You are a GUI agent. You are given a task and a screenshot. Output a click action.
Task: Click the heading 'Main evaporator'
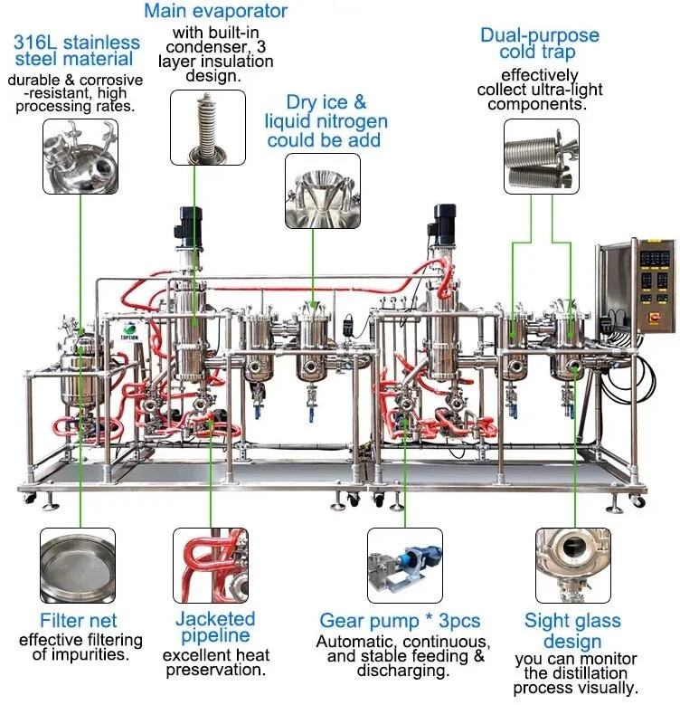215,12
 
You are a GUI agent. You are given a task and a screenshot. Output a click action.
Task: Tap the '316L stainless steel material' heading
77,51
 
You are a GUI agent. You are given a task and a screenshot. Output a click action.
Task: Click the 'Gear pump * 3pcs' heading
400,621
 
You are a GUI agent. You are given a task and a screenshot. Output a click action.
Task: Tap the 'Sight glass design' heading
572,630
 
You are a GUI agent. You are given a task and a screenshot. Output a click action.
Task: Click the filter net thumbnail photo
77,566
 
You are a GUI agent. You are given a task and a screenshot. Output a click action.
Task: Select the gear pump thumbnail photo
403,566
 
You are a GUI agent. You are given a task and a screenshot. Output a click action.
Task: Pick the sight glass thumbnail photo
572,566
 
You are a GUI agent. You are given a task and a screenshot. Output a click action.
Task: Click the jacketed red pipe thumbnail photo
211,566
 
